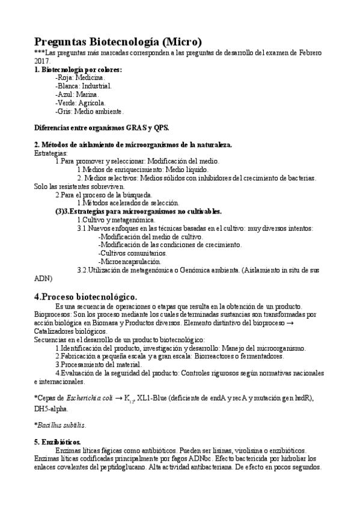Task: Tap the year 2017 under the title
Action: click(x=42, y=61)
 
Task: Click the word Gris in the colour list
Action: click(x=63, y=111)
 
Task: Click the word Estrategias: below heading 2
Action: click(x=51, y=153)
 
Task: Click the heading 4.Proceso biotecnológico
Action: click(x=86, y=296)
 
